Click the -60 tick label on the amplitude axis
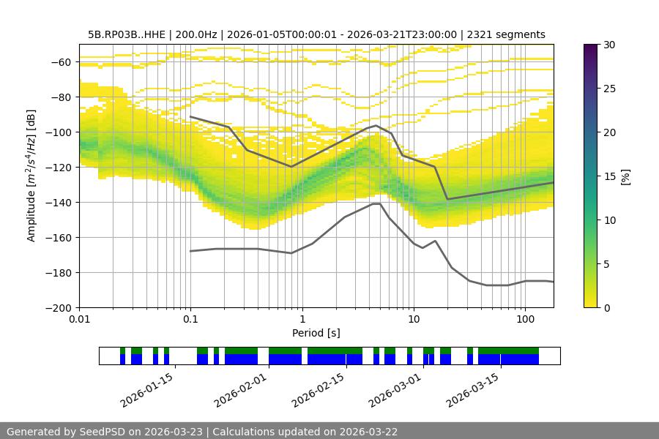tap(61, 62)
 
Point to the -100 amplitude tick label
tap(59, 132)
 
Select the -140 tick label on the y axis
tap(59, 203)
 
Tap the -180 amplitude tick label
tap(59, 273)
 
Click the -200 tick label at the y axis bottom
tap(59, 308)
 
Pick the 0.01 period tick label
tap(79, 320)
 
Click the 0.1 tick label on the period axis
tap(190, 320)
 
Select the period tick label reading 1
tap(302, 320)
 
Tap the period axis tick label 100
tap(524, 320)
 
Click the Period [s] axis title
tap(316, 333)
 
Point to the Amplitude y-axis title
tap(31, 176)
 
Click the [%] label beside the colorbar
tap(625, 176)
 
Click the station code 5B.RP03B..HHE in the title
tap(126, 34)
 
